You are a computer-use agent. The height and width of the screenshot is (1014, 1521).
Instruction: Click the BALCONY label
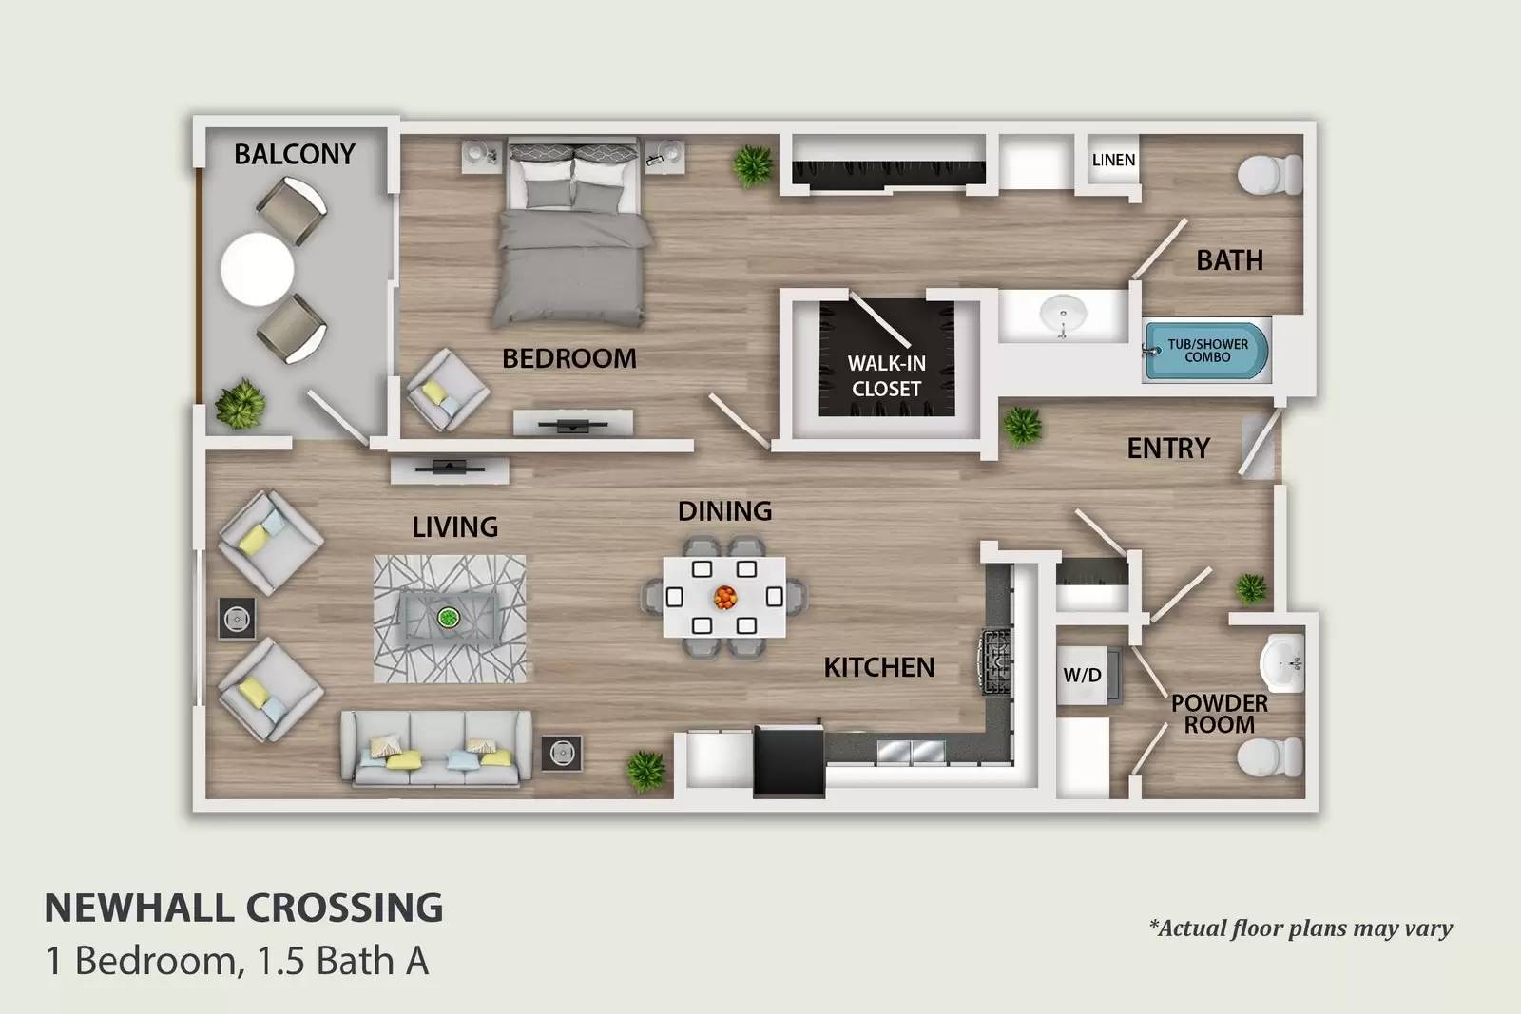tap(294, 154)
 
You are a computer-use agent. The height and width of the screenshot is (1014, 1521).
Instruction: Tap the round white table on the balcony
tap(257, 269)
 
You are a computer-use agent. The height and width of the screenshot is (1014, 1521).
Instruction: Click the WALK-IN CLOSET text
tap(886, 375)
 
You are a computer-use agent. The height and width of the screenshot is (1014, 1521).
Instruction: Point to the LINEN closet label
tap(1113, 160)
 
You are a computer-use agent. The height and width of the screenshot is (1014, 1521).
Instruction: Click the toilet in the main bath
tap(1268, 175)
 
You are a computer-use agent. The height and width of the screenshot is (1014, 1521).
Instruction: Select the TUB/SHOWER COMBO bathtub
tap(1206, 351)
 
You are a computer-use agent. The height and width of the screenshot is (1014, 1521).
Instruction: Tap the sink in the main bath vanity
tap(1063, 313)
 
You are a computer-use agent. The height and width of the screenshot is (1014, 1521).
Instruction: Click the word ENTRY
tap(1168, 449)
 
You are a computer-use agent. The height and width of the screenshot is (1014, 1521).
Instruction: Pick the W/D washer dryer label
tap(1082, 676)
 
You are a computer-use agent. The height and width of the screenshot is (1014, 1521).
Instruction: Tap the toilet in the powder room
tap(1268, 757)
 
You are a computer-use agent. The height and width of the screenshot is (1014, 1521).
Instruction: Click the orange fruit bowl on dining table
tap(724, 598)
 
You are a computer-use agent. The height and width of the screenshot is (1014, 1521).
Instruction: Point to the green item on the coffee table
tap(448, 619)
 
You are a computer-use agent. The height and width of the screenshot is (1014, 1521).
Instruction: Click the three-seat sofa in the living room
tap(436, 749)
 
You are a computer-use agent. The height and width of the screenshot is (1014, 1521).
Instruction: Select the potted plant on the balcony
tap(240, 404)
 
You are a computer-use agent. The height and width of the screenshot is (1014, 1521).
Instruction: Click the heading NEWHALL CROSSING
tap(244, 908)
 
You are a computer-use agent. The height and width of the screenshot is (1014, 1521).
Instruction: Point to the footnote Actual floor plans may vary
tap(1300, 928)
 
